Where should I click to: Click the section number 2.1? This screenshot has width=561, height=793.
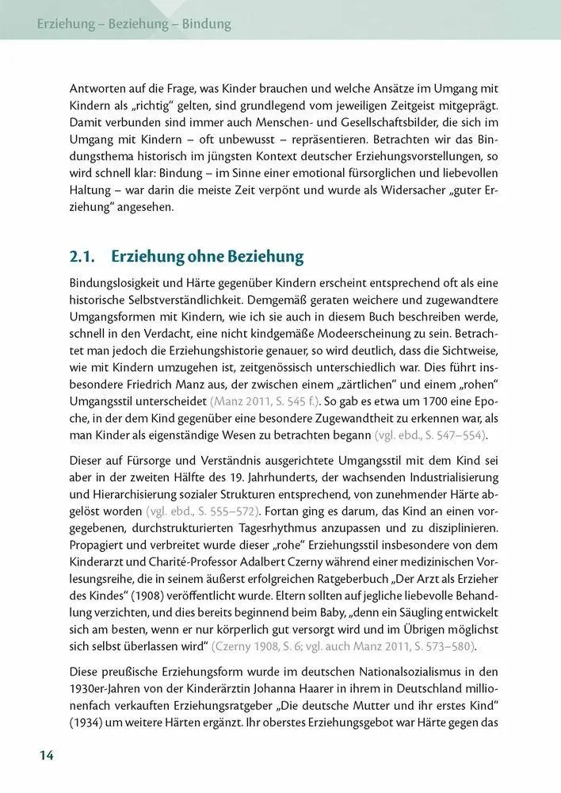83,257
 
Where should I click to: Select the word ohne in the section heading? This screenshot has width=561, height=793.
210,257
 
